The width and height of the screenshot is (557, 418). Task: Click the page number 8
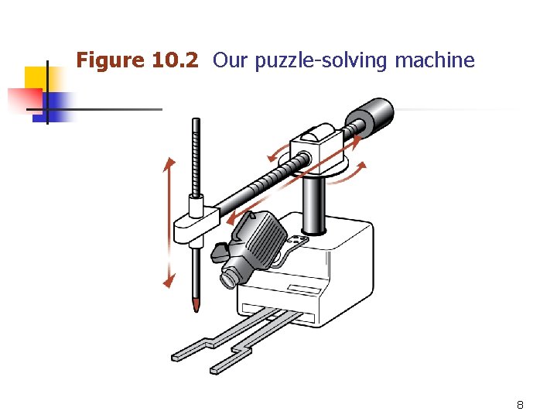[x=520, y=405]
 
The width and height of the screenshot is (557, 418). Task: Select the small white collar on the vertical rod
[x=196, y=207]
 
